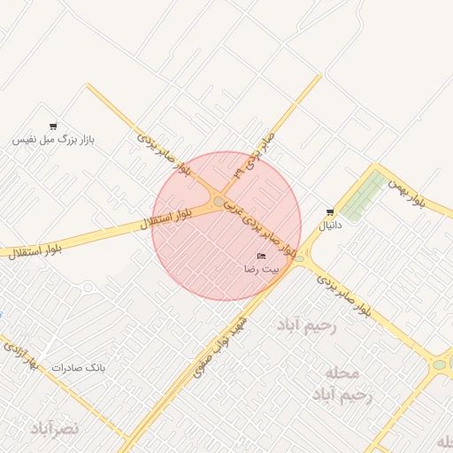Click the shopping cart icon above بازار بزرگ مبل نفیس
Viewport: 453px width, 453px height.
(x=53, y=127)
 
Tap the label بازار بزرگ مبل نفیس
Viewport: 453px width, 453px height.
(x=53, y=140)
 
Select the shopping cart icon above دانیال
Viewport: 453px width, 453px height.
(x=330, y=212)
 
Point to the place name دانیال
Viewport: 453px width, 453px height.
(x=330, y=226)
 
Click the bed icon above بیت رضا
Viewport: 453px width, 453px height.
(x=261, y=256)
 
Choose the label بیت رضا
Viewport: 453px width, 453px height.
(x=262, y=267)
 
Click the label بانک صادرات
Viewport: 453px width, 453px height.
(x=78, y=367)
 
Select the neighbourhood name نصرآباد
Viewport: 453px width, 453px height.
(x=55, y=428)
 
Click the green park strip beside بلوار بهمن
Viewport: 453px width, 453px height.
(x=365, y=196)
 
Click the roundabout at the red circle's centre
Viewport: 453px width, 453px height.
(x=219, y=202)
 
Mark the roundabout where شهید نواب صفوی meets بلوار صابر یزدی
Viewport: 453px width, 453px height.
(x=300, y=259)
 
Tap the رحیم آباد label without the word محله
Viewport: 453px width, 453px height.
(x=308, y=326)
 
